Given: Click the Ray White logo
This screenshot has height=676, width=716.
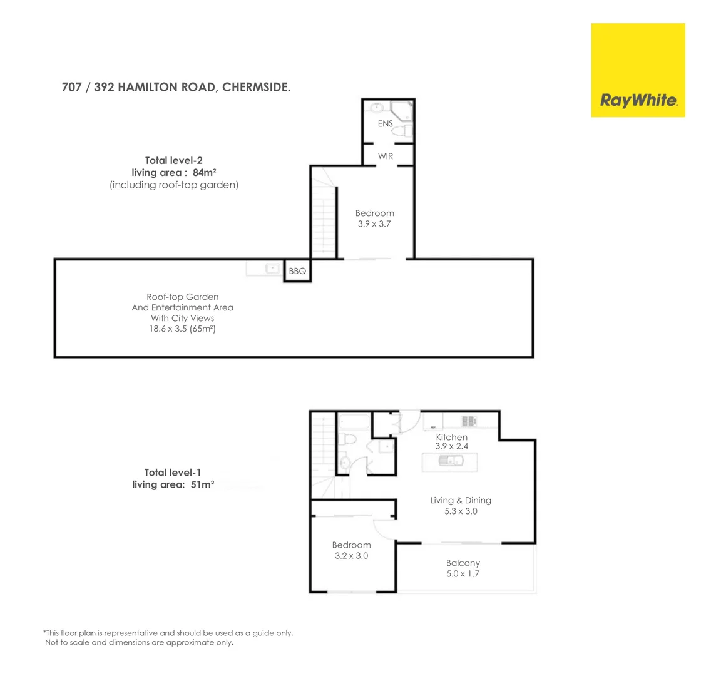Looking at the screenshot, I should click(638, 70).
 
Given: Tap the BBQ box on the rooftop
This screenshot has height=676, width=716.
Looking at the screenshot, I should click(297, 272).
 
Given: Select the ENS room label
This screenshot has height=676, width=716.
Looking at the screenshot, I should click(385, 124).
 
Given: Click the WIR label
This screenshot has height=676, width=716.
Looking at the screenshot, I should click(386, 156).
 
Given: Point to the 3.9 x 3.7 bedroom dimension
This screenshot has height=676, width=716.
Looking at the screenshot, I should click(374, 223).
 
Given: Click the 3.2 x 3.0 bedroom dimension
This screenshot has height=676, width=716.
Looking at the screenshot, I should click(351, 555).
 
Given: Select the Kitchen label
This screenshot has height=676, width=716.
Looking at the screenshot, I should click(451, 437).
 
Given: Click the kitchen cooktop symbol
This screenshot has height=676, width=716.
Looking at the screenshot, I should click(469, 420).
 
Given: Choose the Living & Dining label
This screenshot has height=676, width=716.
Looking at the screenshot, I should click(461, 500).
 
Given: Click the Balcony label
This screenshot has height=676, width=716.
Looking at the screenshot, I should click(463, 563).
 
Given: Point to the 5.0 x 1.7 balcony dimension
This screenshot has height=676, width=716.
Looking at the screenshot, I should click(463, 573).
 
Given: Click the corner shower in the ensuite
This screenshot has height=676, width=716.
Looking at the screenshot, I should click(401, 110).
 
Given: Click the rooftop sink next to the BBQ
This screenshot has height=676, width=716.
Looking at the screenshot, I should click(272, 269).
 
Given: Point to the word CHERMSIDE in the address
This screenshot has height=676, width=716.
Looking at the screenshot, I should click(257, 88).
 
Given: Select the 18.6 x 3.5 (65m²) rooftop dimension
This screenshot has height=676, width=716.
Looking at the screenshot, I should click(183, 329).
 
